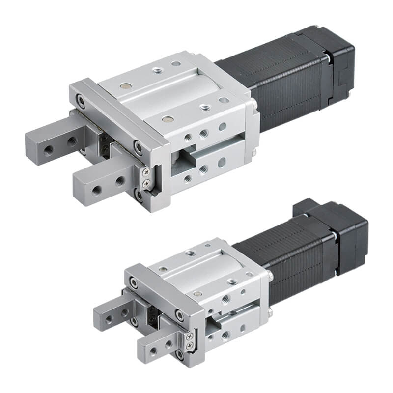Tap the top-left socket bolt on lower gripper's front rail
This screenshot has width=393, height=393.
pos(133,281)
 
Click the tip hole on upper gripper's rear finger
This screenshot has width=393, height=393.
pos(49,148)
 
